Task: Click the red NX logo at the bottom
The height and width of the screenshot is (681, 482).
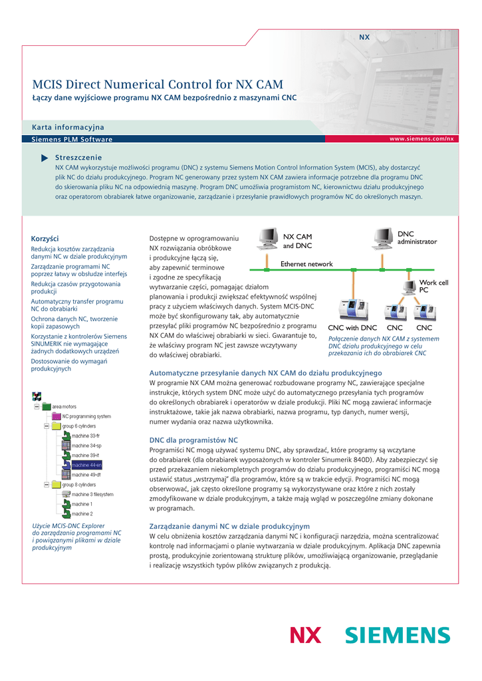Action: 305,636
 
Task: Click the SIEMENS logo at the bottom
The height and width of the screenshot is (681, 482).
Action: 397,636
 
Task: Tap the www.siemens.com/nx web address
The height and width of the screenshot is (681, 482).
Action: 422,138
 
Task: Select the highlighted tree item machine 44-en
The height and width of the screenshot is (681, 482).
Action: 86,465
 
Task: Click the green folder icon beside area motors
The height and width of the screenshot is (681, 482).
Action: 46,406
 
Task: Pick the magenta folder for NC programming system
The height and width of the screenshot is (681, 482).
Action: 57,416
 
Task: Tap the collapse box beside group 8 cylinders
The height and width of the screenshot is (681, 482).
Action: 47,485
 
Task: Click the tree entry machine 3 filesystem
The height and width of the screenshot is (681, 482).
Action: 92,495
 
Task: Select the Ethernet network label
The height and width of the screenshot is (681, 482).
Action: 306,264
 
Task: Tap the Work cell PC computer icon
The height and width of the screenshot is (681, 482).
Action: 410,287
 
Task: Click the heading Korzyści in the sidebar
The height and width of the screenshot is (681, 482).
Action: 45,239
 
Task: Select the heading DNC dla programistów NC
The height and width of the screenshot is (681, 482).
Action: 193,440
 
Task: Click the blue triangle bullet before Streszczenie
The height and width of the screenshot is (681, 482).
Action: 45,158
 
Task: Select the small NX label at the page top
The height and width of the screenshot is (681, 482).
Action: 364,37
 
